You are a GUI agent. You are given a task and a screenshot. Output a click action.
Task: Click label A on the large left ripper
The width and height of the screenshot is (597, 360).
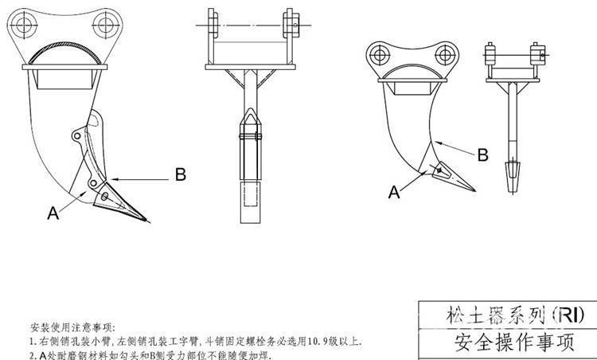click(x=53, y=212)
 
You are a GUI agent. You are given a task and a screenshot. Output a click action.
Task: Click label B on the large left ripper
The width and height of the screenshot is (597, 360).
click(x=180, y=173)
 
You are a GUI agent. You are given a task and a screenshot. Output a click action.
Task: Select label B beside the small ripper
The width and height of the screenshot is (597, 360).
click(x=482, y=155)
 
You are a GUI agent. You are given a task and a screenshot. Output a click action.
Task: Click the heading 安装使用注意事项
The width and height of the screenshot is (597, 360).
click(x=72, y=327)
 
